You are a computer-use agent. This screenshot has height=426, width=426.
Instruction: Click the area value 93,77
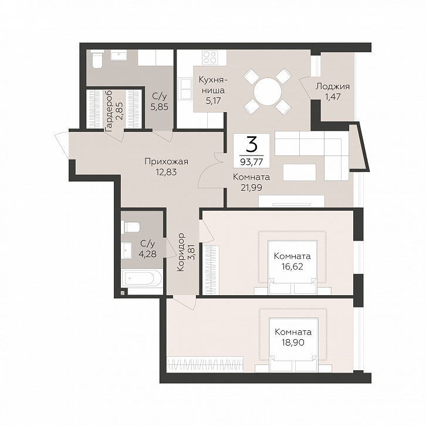(x=251, y=162)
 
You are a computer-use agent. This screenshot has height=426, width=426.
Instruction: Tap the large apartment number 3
(x=251, y=144)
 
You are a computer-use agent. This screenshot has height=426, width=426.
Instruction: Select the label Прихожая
(x=166, y=161)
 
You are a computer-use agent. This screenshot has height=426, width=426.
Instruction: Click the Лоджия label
(x=333, y=87)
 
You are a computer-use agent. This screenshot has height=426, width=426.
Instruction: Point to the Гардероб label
(x=109, y=111)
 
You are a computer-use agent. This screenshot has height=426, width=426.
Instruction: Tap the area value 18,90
(x=293, y=342)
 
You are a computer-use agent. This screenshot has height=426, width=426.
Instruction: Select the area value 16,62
(x=292, y=266)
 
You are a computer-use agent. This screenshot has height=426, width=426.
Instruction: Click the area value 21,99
(x=251, y=187)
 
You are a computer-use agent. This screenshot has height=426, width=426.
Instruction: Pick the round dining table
(x=268, y=91)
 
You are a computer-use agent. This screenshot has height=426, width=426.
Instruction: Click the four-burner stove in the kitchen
(x=210, y=58)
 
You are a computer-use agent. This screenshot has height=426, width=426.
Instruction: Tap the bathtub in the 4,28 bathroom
(x=142, y=278)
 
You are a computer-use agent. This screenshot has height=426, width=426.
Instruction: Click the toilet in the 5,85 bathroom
(x=97, y=59)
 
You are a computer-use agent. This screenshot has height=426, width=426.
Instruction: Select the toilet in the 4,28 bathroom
(x=131, y=226)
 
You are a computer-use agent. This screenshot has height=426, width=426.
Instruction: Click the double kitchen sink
(x=185, y=89)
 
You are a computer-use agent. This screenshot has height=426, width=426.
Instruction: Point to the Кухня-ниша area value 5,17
(x=213, y=101)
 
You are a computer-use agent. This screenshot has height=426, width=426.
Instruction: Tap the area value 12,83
(x=166, y=173)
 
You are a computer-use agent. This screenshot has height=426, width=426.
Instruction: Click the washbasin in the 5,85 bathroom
(x=119, y=55)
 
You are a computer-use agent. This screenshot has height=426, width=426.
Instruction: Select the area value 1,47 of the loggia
(x=333, y=97)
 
